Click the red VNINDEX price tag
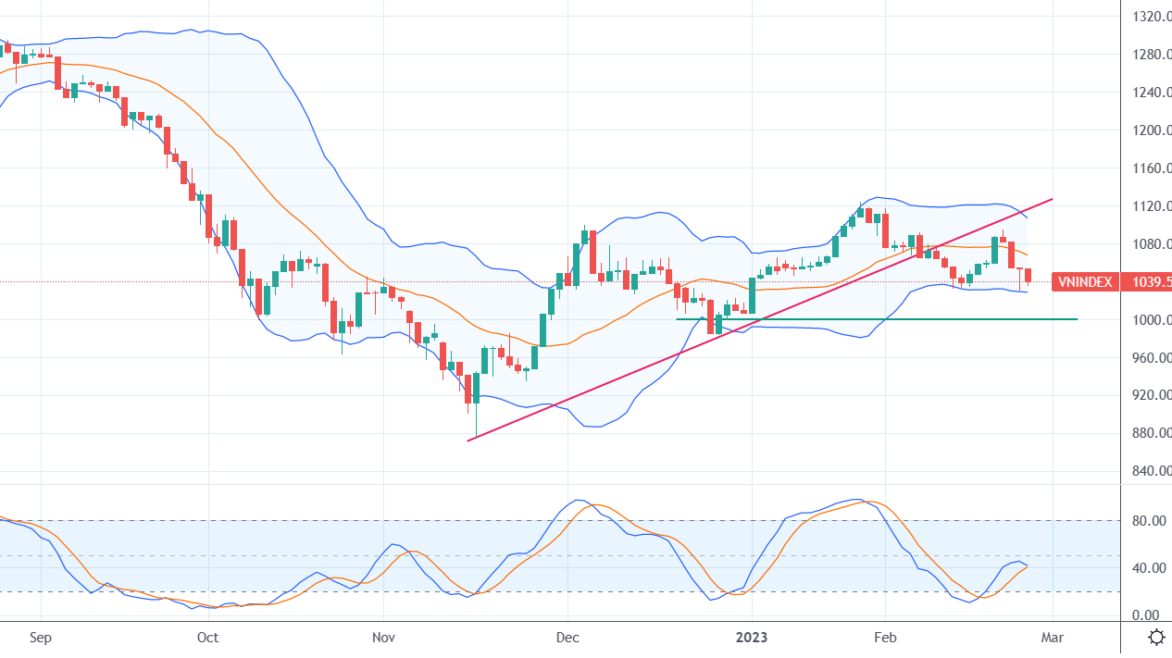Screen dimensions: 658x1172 (x=1085, y=282)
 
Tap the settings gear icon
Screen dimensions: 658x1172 (x=1156, y=637)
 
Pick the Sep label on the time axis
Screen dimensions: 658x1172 (x=42, y=638)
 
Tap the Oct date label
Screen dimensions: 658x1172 (x=208, y=638)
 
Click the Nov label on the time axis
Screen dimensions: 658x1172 (x=384, y=638)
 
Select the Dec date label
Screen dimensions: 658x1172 (x=567, y=638)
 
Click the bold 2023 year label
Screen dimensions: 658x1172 (x=753, y=638)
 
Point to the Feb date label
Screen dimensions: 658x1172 (x=886, y=638)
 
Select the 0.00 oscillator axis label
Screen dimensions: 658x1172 (x=1151, y=615)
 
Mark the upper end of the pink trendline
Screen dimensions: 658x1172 (x=1053, y=198)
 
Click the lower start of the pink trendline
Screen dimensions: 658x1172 (x=468, y=441)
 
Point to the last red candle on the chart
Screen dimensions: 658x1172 (x=1027, y=276)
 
